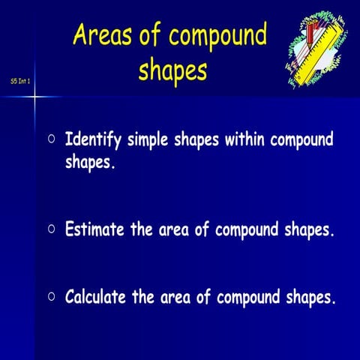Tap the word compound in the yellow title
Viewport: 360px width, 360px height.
click(217, 36)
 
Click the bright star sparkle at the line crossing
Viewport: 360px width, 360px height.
click(35, 95)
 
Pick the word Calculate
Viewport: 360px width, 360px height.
click(98, 297)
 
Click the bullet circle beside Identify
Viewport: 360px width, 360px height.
click(51, 139)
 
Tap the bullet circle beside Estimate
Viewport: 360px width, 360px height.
click(51, 229)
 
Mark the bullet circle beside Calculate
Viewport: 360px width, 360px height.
click(51, 296)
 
